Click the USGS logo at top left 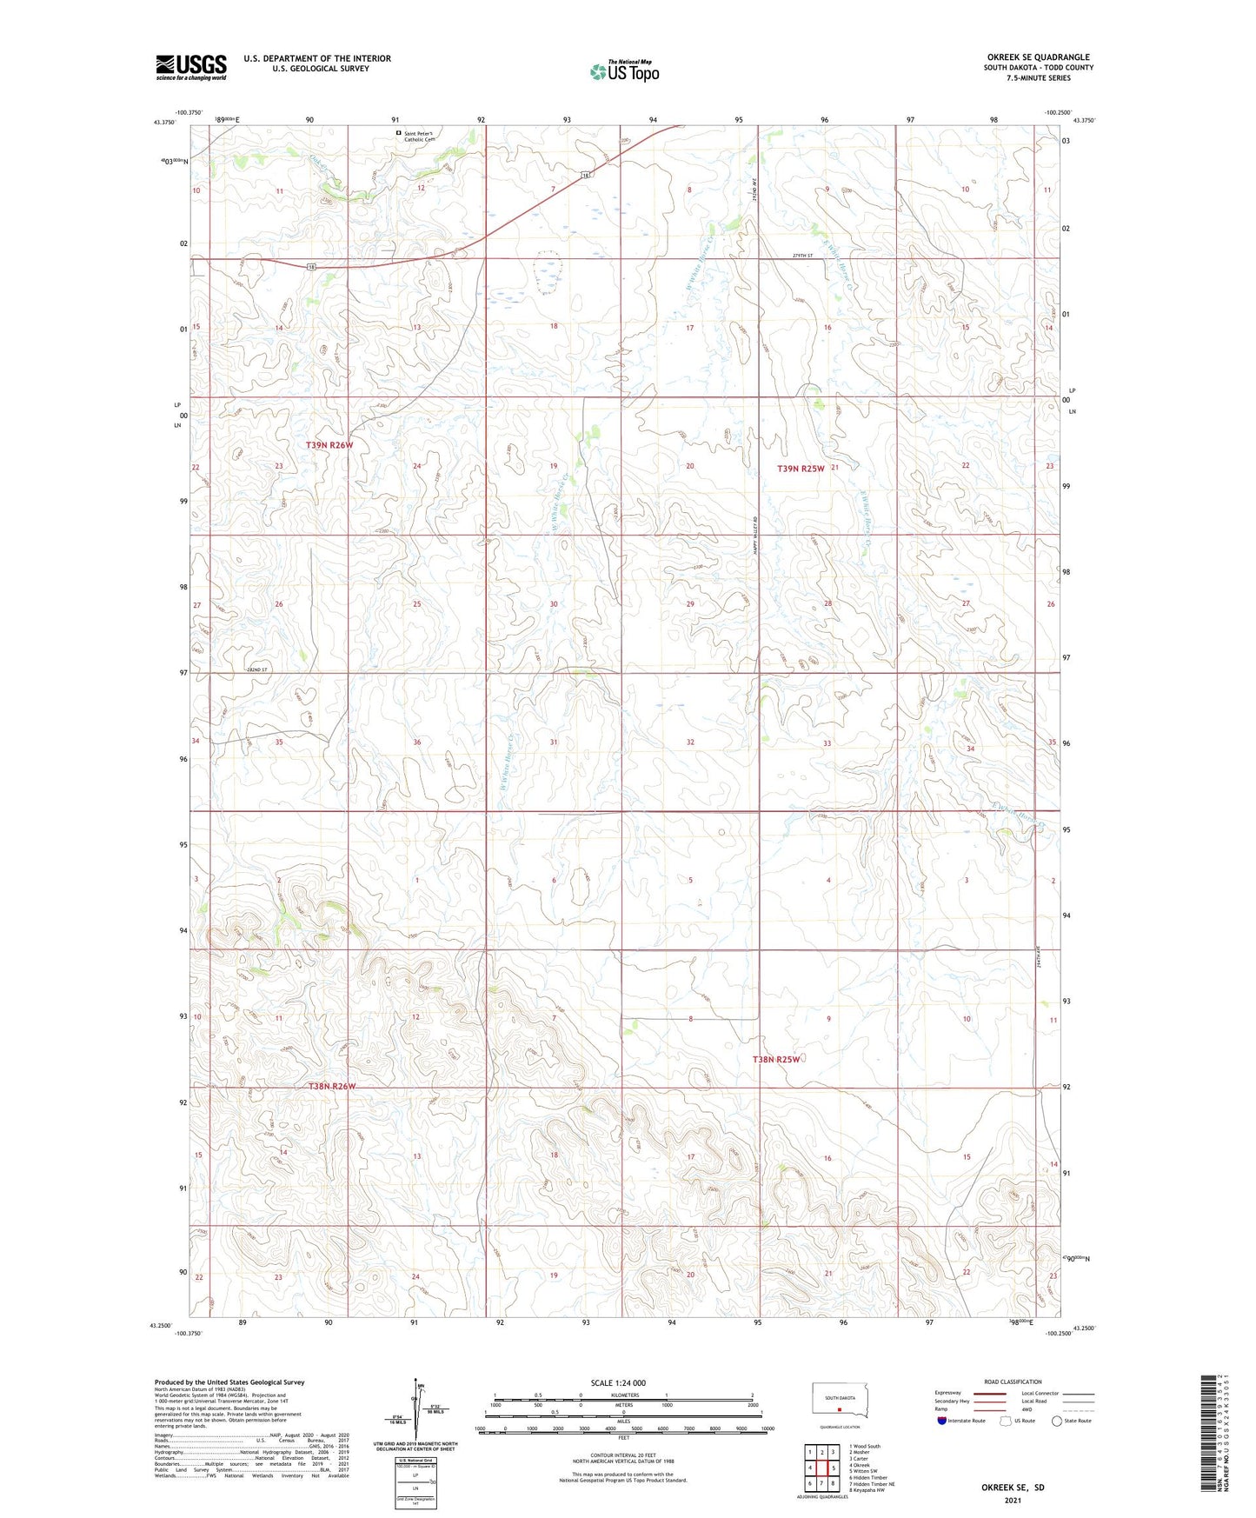(x=191, y=67)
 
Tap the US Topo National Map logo (x=623, y=70)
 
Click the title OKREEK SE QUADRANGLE (x=1038, y=57)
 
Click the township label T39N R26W (x=329, y=445)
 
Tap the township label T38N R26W (x=332, y=1086)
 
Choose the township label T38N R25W (x=775, y=1059)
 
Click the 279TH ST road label (x=801, y=256)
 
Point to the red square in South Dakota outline (x=840, y=1410)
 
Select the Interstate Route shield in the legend (x=942, y=1421)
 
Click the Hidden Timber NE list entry (x=873, y=1484)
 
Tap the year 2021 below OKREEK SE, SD (x=1012, y=1501)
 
